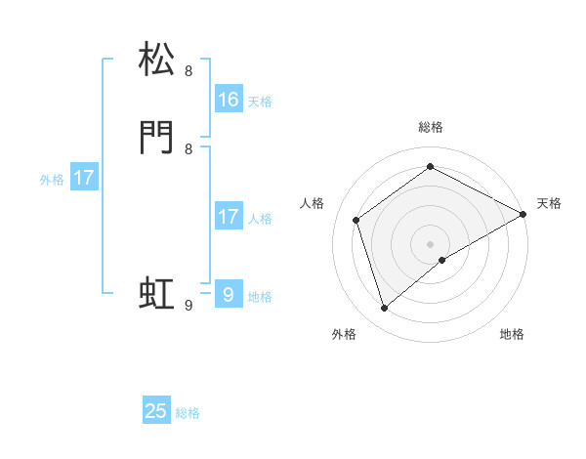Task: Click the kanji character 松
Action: click(157, 60)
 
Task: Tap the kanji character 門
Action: click(157, 138)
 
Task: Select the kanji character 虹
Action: click(157, 294)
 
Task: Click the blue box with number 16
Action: click(229, 99)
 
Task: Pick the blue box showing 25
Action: click(156, 411)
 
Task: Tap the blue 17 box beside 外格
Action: click(84, 178)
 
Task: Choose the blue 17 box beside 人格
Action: click(229, 217)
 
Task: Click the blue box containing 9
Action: click(229, 294)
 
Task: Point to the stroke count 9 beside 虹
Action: click(189, 306)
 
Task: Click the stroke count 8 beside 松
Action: click(188, 71)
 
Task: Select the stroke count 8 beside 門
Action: click(188, 149)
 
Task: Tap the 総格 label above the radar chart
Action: click(431, 127)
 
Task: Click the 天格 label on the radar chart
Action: click(549, 203)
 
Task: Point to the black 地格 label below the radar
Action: click(512, 334)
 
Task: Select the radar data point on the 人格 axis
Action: click(356, 220)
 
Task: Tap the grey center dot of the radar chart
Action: click(431, 244)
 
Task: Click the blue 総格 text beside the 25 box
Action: click(188, 413)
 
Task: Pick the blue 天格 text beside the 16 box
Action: click(260, 102)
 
